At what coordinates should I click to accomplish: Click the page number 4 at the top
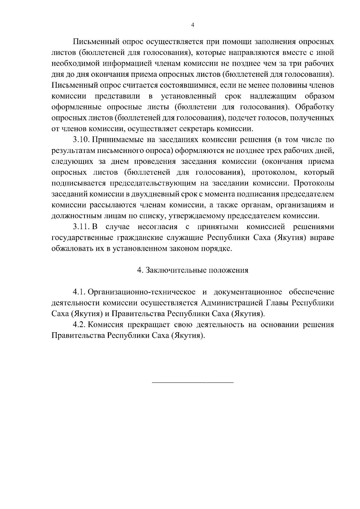193,25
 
